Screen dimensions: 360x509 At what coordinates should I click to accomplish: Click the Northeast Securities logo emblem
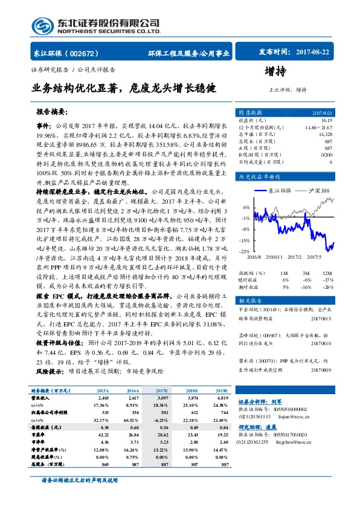(x=40, y=25)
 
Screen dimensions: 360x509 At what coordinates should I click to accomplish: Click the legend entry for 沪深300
(x=319, y=190)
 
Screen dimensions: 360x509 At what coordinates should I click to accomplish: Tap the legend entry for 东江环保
(x=279, y=190)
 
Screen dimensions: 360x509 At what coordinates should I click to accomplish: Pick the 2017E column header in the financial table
(x=162, y=392)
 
